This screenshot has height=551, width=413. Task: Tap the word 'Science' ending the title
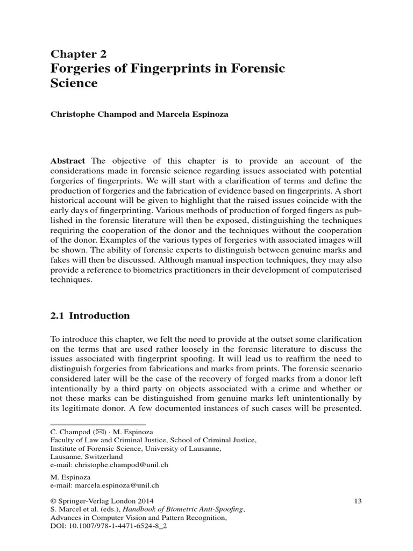(x=74, y=83)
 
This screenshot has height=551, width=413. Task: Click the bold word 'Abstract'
(x=68, y=161)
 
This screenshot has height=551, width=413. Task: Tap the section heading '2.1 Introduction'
(x=90, y=316)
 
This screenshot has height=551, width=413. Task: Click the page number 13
(x=358, y=501)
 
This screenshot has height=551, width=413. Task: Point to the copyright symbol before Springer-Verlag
(x=53, y=501)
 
